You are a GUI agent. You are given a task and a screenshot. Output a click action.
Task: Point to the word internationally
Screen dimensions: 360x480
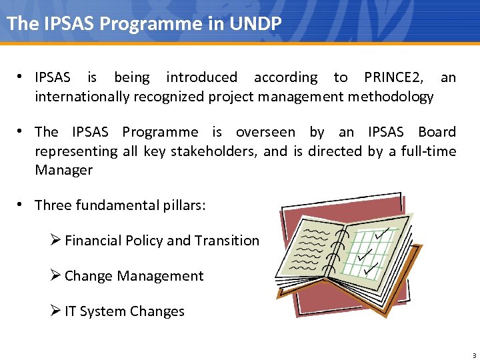[x=82, y=97]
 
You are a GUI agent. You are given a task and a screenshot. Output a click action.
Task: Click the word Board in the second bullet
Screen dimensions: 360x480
[x=437, y=132]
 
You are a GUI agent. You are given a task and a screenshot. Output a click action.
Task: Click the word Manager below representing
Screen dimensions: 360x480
[x=63, y=170]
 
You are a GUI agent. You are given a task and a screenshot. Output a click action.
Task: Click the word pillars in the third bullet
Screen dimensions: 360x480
[x=181, y=205]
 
